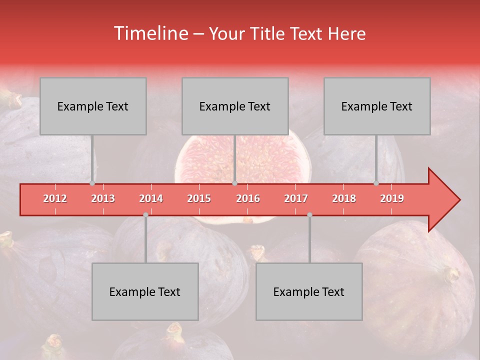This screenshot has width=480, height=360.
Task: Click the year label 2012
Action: (x=55, y=198)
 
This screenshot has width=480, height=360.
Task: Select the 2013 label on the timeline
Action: (x=103, y=198)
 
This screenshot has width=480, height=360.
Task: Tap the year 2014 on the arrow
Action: (x=151, y=198)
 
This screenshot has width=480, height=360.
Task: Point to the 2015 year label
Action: (x=199, y=198)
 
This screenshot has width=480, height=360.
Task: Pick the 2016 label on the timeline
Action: (x=248, y=198)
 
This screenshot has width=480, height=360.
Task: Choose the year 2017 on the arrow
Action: (x=296, y=198)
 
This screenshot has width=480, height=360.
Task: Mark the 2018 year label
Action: (x=344, y=198)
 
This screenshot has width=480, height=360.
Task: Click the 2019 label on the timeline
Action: (x=392, y=198)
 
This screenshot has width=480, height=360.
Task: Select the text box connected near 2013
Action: (x=93, y=106)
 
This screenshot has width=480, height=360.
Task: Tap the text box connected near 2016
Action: (x=235, y=106)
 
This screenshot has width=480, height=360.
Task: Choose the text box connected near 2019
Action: (x=377, y=106)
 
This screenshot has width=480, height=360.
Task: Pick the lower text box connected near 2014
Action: (x=145, y=291)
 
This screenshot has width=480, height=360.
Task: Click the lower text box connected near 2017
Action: (x=309, y=291)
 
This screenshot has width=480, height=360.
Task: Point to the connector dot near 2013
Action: (x=92, y=183)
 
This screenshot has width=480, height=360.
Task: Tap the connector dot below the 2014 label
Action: (x=145, y=214)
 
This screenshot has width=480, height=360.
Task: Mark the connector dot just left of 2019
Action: (x=376, y=183)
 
